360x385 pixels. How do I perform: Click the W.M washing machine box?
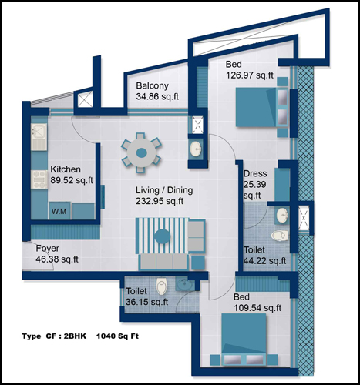(x=59, y=211)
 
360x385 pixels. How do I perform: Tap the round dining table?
(x=141, y=153)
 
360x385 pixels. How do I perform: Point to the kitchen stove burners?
(x=39, y=179)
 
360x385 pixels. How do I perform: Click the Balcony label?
(x=152, y=85)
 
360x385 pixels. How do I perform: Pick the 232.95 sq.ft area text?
(x=160, y=201)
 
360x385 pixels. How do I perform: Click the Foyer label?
(x=48, y=248)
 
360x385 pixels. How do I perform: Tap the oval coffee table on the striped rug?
(x=162, y=236)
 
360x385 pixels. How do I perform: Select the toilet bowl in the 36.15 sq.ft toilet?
(x=162, y=286)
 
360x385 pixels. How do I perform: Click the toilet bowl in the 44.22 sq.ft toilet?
(x=280, y=236)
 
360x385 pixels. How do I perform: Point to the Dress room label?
(x=255, y=173)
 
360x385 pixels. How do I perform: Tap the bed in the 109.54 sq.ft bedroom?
(x=244, y=339)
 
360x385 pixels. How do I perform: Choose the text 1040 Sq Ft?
(x=117, y=336)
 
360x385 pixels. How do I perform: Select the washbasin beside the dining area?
(x=196, y=149)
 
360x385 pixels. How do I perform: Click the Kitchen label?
(x=66, y=169)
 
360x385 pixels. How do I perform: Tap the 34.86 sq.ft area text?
(x=157, y=97)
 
